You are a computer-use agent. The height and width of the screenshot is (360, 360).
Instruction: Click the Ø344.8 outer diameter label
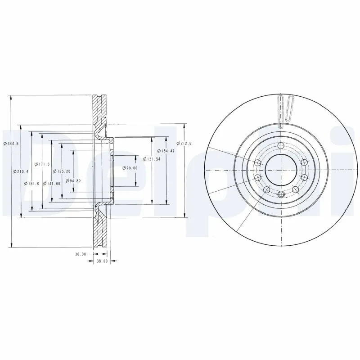tap(11, 143)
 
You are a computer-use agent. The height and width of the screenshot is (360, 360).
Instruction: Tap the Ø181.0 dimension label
tap(33, 184)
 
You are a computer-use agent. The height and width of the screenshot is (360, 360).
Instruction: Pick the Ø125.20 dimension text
tap(62, 171)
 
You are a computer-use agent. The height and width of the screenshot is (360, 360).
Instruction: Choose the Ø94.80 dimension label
tap(72, 181)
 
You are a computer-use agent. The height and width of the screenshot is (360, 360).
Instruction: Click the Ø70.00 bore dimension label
tap(130, 168)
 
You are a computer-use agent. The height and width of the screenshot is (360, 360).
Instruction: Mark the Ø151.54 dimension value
tap(151, 158)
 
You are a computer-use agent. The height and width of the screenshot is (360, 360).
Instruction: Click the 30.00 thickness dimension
tap(81, 254)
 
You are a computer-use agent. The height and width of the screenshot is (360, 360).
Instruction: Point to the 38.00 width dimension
tap(102, 261)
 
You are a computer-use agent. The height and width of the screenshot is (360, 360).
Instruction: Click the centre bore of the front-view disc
tap(280, 170)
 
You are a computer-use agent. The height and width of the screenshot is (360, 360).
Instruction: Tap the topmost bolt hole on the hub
tap(281, 145)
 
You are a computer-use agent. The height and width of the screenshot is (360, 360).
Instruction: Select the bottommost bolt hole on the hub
tap(281, 194)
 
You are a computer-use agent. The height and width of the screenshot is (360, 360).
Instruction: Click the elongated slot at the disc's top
tap(280, 112)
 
